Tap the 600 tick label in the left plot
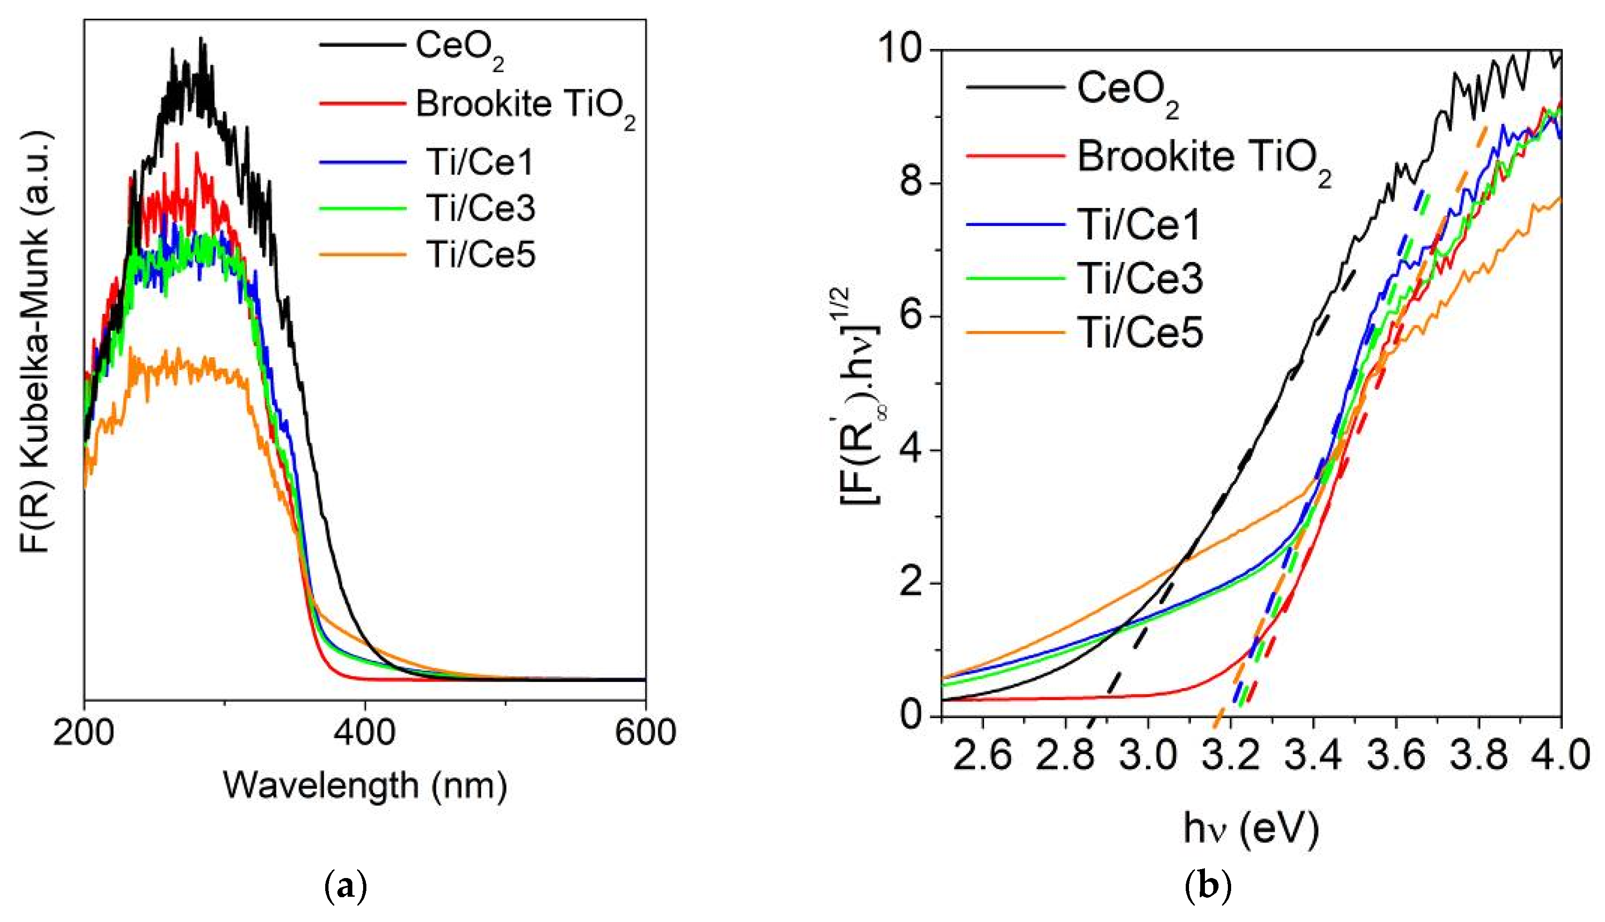coord(645,733)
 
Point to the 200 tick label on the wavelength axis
coord(84,733)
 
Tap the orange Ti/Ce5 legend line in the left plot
coord(362,254)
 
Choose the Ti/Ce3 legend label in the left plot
coord(480,208)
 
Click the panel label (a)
coord(345,886)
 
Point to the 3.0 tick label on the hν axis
coord(1148,755)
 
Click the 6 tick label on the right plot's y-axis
coord(912,317)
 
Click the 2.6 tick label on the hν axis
coord(982,755)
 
